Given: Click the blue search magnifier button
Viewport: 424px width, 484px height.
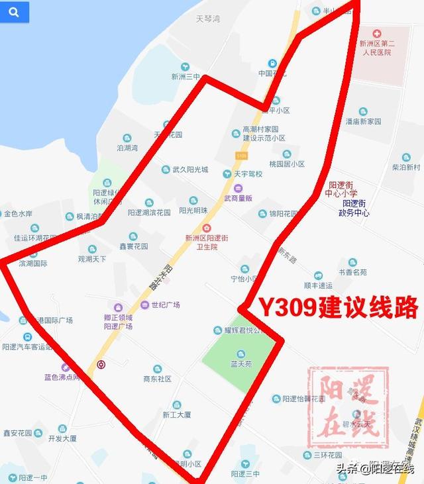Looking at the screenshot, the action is [15, 12].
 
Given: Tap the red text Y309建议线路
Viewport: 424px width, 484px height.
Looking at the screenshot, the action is [338, 307].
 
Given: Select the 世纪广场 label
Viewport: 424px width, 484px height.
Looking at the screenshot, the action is [166, 305].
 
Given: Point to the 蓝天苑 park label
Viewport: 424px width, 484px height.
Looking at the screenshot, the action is [242, 364].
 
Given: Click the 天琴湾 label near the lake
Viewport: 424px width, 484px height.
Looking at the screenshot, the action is [207, 19].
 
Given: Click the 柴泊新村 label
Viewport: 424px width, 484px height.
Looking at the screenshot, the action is [406, 168].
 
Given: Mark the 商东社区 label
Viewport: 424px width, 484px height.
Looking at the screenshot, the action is [157, 379].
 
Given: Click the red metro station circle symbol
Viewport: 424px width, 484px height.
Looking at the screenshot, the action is [101, 363].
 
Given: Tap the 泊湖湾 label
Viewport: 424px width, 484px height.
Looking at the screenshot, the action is [127, 148].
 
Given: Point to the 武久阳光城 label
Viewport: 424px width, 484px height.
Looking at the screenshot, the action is [190, 169].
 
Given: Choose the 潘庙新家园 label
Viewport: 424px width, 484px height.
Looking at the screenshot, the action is [364, 121].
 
